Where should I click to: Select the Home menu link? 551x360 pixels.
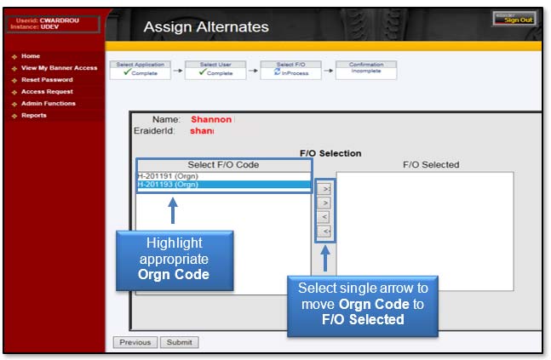coord(31,56)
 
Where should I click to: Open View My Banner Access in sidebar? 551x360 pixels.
coord(59,68)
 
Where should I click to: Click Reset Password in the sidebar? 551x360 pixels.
coord(47,80)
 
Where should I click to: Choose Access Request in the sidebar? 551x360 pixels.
coord(47,92)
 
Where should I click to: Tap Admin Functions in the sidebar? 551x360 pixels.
coord(49,104)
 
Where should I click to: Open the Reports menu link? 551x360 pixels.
coord(34,116)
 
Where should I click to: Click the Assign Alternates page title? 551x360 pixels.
coord(205,27)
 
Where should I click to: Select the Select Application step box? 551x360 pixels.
coord(139,69)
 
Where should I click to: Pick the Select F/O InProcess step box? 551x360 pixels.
coord(290,69)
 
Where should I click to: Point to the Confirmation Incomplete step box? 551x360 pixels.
coord(366,69)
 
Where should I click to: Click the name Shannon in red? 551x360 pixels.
coord(210,120)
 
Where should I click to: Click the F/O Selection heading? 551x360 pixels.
coord(330,153)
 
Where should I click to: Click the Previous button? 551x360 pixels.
coord(135,342)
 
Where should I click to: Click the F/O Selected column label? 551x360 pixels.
coord(430,164)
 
